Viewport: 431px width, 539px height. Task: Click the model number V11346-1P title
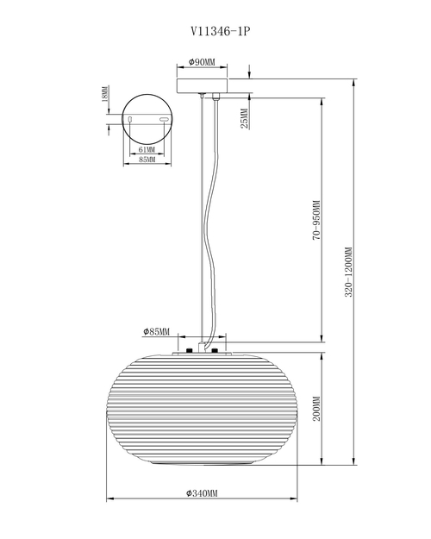tap(221, 32)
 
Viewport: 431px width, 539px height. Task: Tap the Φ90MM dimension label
tap(202, 62)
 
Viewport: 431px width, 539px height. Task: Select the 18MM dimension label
tap(105, 93)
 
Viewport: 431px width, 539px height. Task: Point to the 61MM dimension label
tap(147, 150)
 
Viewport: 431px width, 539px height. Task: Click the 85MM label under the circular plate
tap(147, 160)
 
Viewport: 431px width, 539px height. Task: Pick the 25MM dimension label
tap(244, 119)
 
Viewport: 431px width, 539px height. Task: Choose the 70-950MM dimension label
tap(316, 221)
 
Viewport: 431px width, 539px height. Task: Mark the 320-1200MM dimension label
tap(348, 272)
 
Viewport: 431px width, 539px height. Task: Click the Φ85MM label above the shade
tap(156, 332)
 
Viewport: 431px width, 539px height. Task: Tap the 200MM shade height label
tap(316, 409)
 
